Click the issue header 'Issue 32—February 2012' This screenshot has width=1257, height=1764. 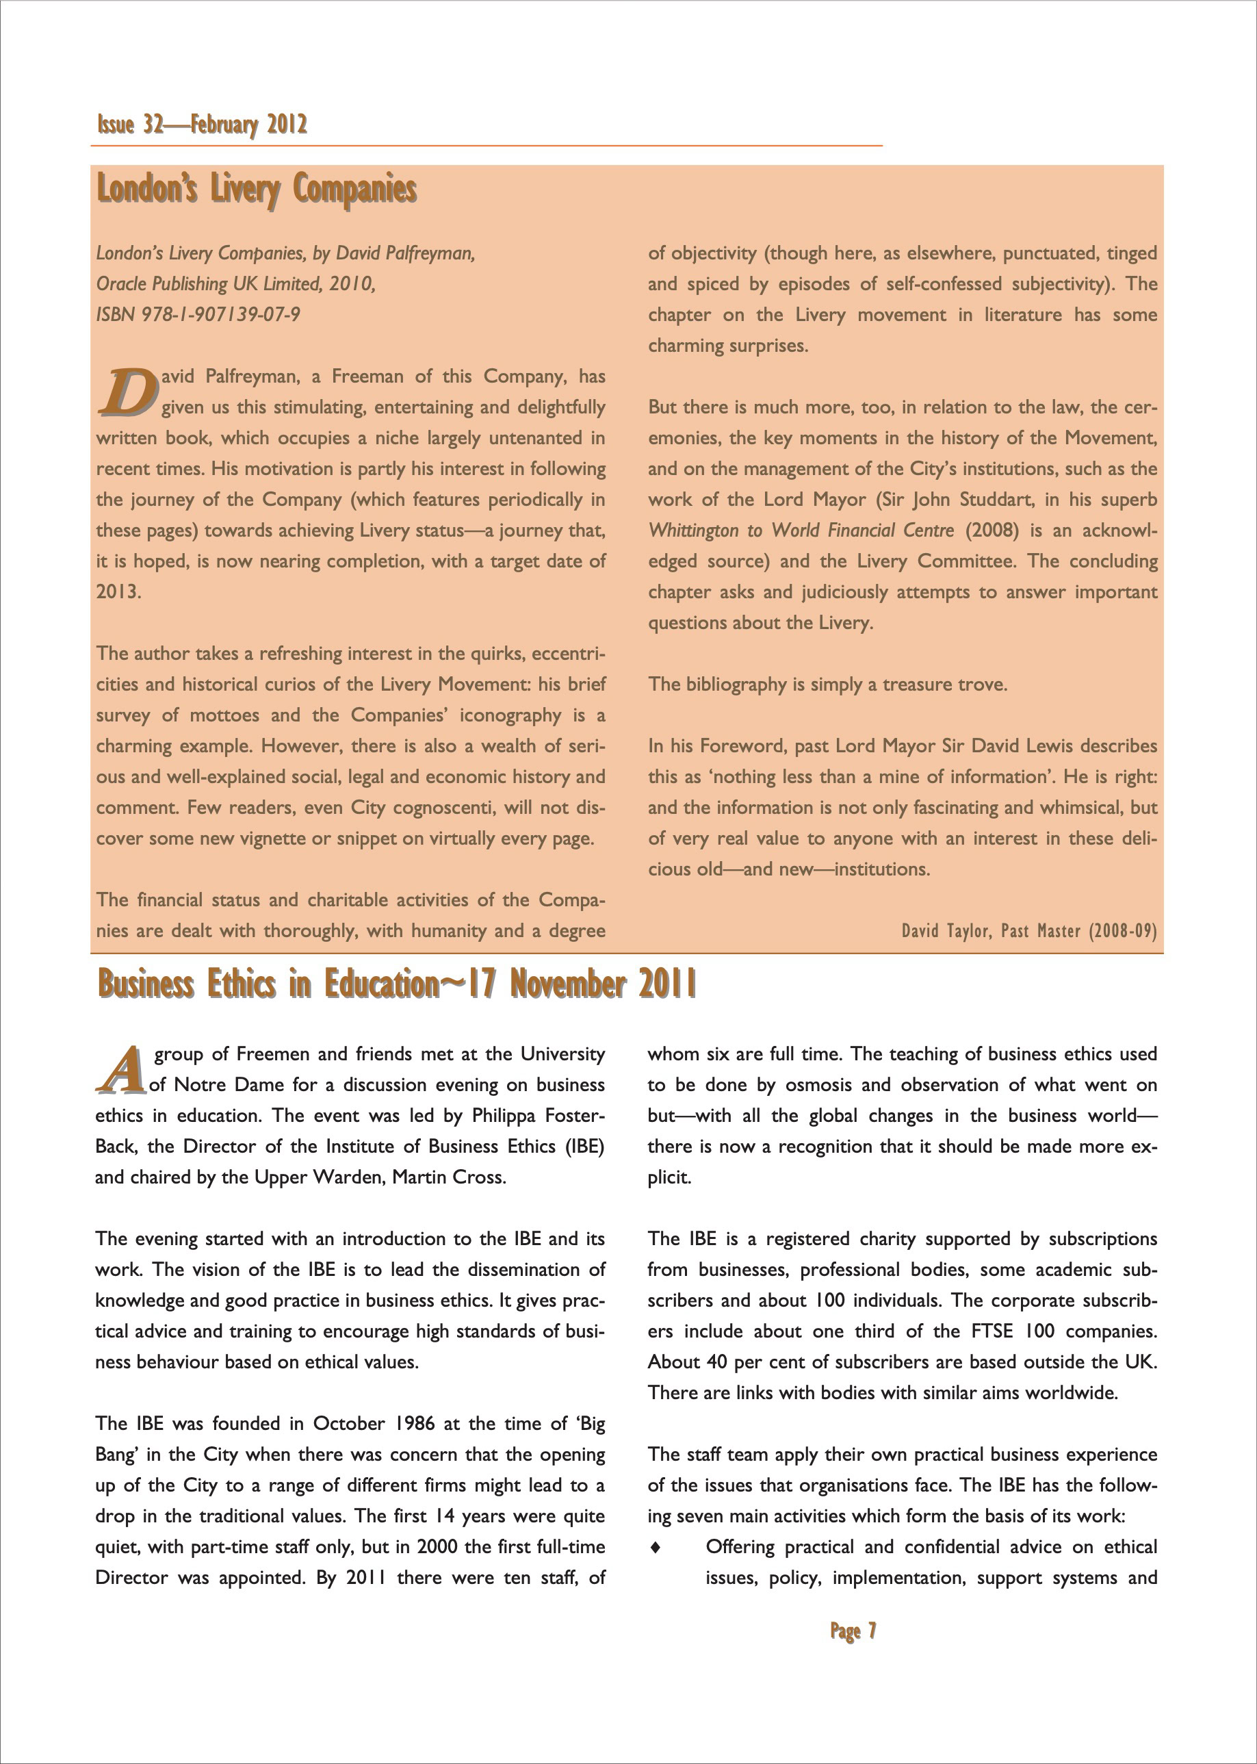click(202, 125)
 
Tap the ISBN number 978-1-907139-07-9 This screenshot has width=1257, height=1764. click(220, 315)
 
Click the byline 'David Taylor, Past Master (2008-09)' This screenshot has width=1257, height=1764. click(1028, 931)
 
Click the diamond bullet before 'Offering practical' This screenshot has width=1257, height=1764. click(656, 1547)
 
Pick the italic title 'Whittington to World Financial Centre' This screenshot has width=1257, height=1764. click(801, 531)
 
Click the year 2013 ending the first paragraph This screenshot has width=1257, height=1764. click(118, 592)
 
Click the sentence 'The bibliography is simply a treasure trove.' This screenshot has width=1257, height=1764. click(827, 685)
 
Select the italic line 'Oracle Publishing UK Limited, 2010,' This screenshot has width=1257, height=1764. click(236, 284)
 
